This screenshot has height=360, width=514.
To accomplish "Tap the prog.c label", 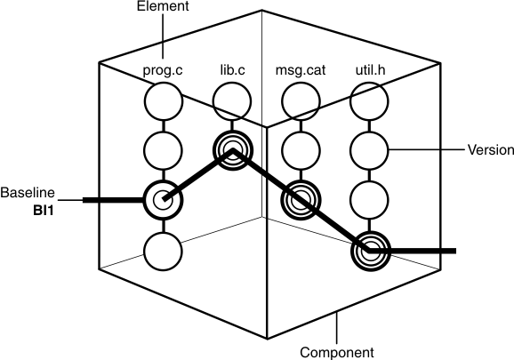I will tap(162, 68).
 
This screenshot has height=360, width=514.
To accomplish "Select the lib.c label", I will tap(234, 68).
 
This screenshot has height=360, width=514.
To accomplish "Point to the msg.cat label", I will tap(300, 68).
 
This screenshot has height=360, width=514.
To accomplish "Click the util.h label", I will tap(367, 68).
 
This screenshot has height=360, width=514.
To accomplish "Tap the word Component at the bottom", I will tap(335, 352).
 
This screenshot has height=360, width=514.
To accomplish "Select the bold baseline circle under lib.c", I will tap(232, 148).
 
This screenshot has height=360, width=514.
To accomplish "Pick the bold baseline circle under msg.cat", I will tap(301, 200).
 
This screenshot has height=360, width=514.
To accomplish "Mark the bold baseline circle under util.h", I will tap(368, 252).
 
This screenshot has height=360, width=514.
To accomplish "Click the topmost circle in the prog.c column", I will tap(162, 98).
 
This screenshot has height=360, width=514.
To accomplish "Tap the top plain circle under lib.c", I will tap(232, 98).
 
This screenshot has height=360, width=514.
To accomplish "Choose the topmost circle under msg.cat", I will tap(301, 98).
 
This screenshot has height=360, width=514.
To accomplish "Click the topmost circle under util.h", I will tap(368, 98).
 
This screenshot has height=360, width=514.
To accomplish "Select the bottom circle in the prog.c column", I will tap(162, 251).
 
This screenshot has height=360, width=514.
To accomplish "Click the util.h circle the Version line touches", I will tap(368, 149).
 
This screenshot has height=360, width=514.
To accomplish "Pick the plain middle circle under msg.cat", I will tap(301, 149).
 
